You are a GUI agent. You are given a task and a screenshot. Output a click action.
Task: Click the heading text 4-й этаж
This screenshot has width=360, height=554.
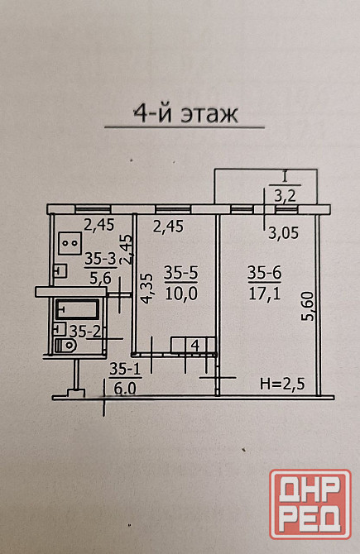185,114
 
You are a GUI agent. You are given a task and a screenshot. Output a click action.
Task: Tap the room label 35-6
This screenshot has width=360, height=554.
264,273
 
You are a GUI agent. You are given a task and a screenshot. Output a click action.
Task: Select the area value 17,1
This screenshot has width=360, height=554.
265,293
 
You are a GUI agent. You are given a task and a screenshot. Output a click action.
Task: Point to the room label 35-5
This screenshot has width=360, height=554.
181,273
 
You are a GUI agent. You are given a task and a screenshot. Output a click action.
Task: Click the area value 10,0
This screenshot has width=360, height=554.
181,294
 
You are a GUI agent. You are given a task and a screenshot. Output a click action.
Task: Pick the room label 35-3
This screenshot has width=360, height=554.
100,259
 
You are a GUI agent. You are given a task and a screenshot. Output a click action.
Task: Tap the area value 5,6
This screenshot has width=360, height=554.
100,279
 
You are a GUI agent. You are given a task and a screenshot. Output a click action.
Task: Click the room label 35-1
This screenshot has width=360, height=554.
125,370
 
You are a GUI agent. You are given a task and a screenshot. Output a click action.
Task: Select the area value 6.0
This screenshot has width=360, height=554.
125,389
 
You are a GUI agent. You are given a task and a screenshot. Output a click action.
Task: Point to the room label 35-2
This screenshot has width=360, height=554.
85,332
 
